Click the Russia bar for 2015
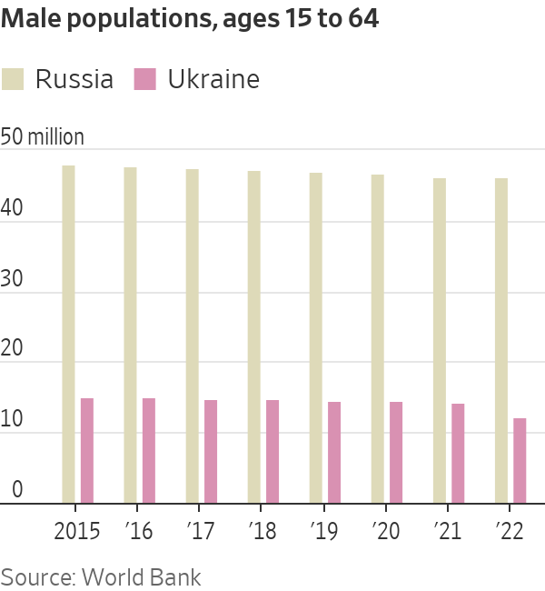coord(68,334)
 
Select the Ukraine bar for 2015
coord(87,450)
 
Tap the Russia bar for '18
coord(253,336)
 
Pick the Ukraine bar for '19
coord(334,452)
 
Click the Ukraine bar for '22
coord(520,460)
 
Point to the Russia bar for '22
coord(500,340)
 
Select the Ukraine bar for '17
coord(211,451)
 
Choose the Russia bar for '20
coord(377,338)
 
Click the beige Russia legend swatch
coord(13,79)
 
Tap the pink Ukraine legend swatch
coord(145,79)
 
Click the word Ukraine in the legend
coord(213,79)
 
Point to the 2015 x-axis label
coord(77,530)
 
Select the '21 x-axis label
coord(448,530)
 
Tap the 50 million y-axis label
coord(43,137)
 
